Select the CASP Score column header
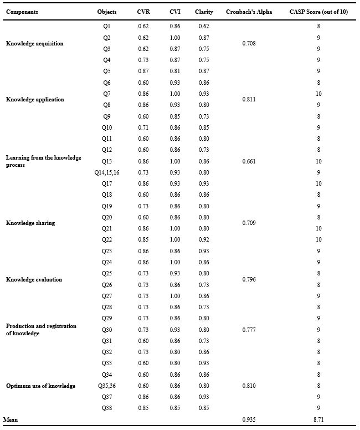(318, 12)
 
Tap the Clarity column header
(204, 12)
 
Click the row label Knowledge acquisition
(35, 43)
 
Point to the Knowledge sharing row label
(30, 223)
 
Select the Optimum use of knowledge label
(40, 386)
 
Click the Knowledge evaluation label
(34, 279)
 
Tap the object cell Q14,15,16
(107, 173)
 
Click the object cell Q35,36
(107, 386)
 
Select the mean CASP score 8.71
(318, 420)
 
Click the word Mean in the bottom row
(11, 420)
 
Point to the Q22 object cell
(107, 240)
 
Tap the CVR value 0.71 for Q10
(143, 127)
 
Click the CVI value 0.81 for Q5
(174, 71)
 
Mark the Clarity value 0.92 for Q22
(204, 240)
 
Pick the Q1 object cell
(107, 26)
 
